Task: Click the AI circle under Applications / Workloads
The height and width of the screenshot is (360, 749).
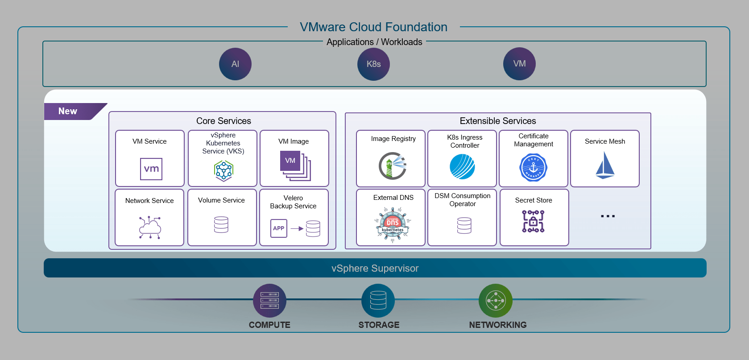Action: pyautogui.click(x=235, y=64)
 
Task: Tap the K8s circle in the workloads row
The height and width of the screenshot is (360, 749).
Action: pyautogui.click(x=373, y=64)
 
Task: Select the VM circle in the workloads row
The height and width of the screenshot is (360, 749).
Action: pyautogui.click(x=519, y=64)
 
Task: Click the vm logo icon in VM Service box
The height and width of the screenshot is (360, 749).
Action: pyautogui.click(x=151, y=169)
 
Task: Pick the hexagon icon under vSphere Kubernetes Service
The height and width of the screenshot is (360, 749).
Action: pyautogui.click(x=223, y=170)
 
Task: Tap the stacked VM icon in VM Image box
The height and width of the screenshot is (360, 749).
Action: pyautogui.click(x=294, y=166)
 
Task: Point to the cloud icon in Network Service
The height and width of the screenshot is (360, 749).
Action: pyautogui.click(x=150, y=227)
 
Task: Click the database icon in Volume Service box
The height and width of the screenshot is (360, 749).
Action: pyautogui.click(x=221, y=224)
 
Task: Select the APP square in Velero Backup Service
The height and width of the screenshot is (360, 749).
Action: pyautogui.click(x=278, y=228)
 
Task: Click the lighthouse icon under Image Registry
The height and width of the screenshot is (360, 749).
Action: pyautogui.click(x=393, y=166)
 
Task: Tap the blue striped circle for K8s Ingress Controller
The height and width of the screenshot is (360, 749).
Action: pyautogui.click(x=462, y=167)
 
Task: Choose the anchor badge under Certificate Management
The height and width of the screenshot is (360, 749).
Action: pyautogui.click(x=534, y=168)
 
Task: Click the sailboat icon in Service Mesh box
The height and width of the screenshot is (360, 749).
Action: pyautogui.click(x=605, y=166)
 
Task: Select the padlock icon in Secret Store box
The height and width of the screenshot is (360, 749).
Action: pyautogui.click(x=534, y=221)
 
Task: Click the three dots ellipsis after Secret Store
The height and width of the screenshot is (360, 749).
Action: pyautogui.click(x=608, y=216)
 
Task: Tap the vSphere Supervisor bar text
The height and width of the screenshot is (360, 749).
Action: pyautogui.click(x=375, y=268)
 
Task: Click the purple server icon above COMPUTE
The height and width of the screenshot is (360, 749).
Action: pyautogui.click(x=269, y=300)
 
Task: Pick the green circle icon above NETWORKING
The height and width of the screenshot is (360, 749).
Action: pyautogui.click(x=495, y=300)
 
